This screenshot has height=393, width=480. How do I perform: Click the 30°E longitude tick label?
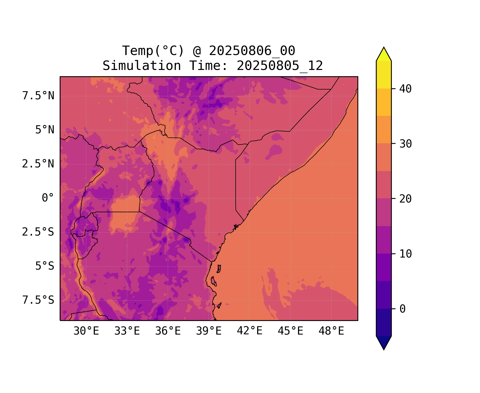[x=86, y=331]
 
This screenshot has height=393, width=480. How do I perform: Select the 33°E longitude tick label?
[x=127, y=331]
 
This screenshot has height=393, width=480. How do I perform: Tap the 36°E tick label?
[x=168, y=331]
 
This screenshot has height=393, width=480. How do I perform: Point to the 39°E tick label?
[x=209, y=331]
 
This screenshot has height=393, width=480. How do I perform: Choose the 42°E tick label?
[x=250, y=331]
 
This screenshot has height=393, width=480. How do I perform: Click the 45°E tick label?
[x=290, y=331]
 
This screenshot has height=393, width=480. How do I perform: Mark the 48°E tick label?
[x=331, y=331]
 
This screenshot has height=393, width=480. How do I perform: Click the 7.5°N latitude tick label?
[x=38, y=96]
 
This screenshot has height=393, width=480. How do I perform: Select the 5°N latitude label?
[x=45, y=130]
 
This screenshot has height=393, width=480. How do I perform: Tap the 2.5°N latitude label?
[x=38, y=164]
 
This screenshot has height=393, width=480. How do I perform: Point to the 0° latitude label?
[x=48, y=198]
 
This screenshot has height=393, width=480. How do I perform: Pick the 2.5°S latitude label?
[x=38, y=232]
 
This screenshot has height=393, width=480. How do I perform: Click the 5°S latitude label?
[x=45, y=266]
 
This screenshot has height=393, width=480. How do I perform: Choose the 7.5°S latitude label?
[x=38, y=300]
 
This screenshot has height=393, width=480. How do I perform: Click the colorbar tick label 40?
[x=405, y=89]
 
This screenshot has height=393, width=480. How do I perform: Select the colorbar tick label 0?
[x=402, y=309]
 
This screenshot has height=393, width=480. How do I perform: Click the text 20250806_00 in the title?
[x=252, y=51]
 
